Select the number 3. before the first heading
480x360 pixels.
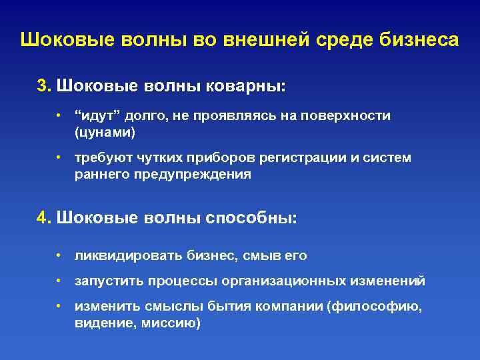(x=44, y=86)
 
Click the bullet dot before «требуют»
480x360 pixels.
(x=59, y=158)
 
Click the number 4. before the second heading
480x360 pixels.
(x=44, y=218)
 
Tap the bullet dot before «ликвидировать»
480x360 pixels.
(x=59, y=255)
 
